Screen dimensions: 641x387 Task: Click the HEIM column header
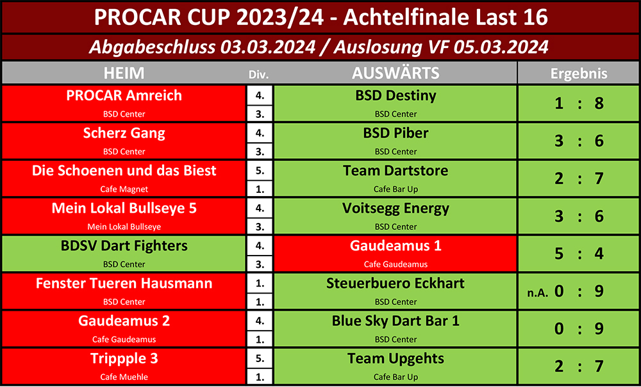(x=124, y=73)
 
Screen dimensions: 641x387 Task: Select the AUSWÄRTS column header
(x=395, y=73)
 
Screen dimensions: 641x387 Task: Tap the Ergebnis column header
(x=578, y=74)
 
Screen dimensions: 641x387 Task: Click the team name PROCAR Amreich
(x=124, y=95)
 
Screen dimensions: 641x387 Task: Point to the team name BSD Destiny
(x=395, y=95)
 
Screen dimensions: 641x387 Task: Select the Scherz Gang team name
(x=124, y=133)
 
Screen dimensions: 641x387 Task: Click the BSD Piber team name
(x=395, y=133)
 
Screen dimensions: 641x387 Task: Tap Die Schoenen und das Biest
(x=124, y=170)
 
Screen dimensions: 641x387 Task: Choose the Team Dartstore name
(x=395, y=170)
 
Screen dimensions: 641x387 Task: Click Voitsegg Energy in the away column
(x=395, y=208)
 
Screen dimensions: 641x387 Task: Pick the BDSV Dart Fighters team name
(x=124, y=246)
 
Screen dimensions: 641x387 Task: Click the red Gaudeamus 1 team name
(x=395, y=245)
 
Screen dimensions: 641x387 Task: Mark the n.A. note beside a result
(x=538, y=293)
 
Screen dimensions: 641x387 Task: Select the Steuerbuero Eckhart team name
(x=395, y=283)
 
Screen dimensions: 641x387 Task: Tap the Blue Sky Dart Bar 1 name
(x=395, y=321)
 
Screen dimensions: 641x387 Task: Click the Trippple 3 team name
(x=124, y=359)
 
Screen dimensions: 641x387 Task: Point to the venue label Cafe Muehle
(x=124, y=377)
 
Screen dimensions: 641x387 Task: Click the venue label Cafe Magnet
(x=124, y=189)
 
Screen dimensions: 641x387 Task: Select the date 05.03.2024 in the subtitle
(x=501, y=47)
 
